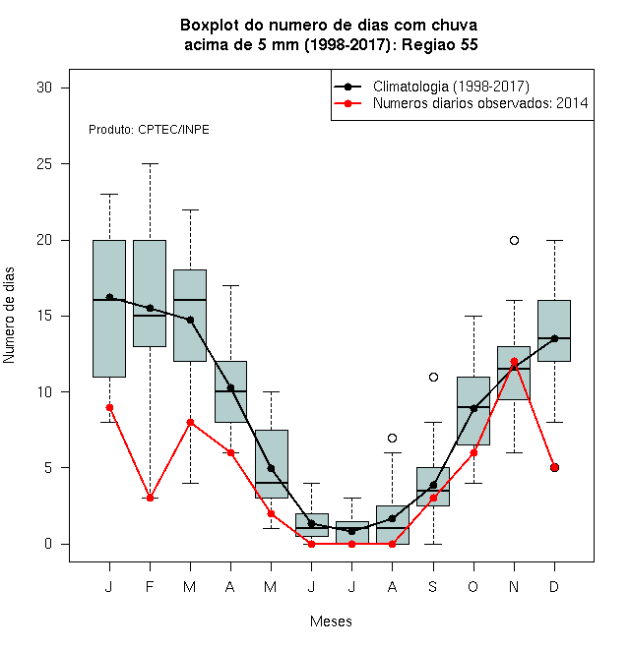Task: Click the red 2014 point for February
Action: pos(150,498)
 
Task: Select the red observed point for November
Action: pos(514,361)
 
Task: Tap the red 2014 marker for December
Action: pos(554,467)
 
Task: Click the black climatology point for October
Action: pos(473,408)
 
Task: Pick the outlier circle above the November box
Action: pos(514,240)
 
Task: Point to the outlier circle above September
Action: pos(433,377)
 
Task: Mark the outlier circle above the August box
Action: pos(392,438)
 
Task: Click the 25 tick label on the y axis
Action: pos(44,164)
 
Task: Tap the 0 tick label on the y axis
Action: pos(48,544)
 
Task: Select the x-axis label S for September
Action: pos(433,586)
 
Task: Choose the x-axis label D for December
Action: pos(554,586)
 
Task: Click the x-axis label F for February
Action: pos(150,586)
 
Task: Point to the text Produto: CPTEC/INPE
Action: pos(149,130)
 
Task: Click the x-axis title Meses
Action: pos(331,621)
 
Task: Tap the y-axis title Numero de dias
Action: pos(9,316)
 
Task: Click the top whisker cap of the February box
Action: pos(150,164)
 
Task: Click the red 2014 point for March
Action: pos(190,422)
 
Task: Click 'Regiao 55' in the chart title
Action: pos(440,44)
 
